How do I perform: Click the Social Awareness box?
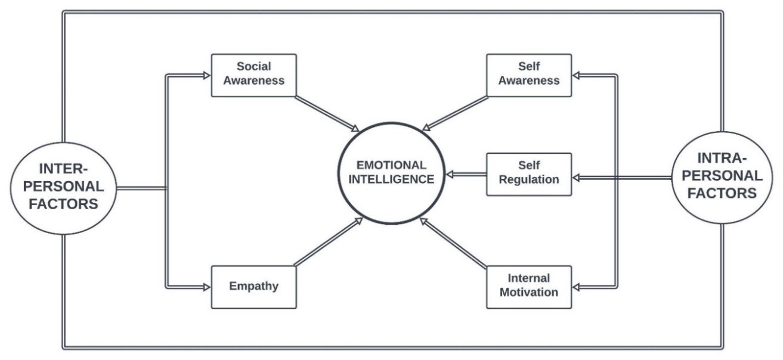point(254,75)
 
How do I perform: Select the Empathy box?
point(254,287)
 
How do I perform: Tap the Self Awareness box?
point(529,75)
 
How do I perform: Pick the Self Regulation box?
point(529,174)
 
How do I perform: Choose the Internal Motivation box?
point(529,287)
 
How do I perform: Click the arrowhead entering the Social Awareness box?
point(207,75)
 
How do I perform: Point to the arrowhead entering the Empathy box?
point(207,287)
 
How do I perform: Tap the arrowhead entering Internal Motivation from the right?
point(577,287)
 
